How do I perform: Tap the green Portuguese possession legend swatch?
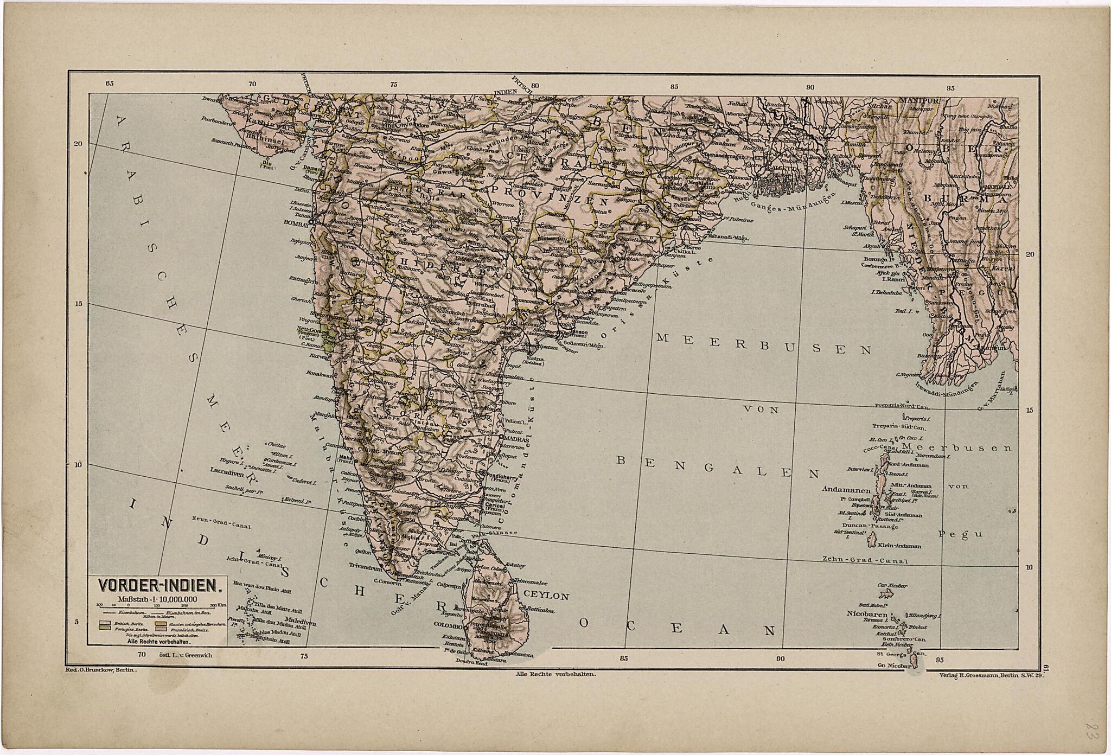tap(105, 629)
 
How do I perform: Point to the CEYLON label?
tap(546, 596)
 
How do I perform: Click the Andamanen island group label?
tap(846, 489)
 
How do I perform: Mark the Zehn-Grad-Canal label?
tap(865, 559)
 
